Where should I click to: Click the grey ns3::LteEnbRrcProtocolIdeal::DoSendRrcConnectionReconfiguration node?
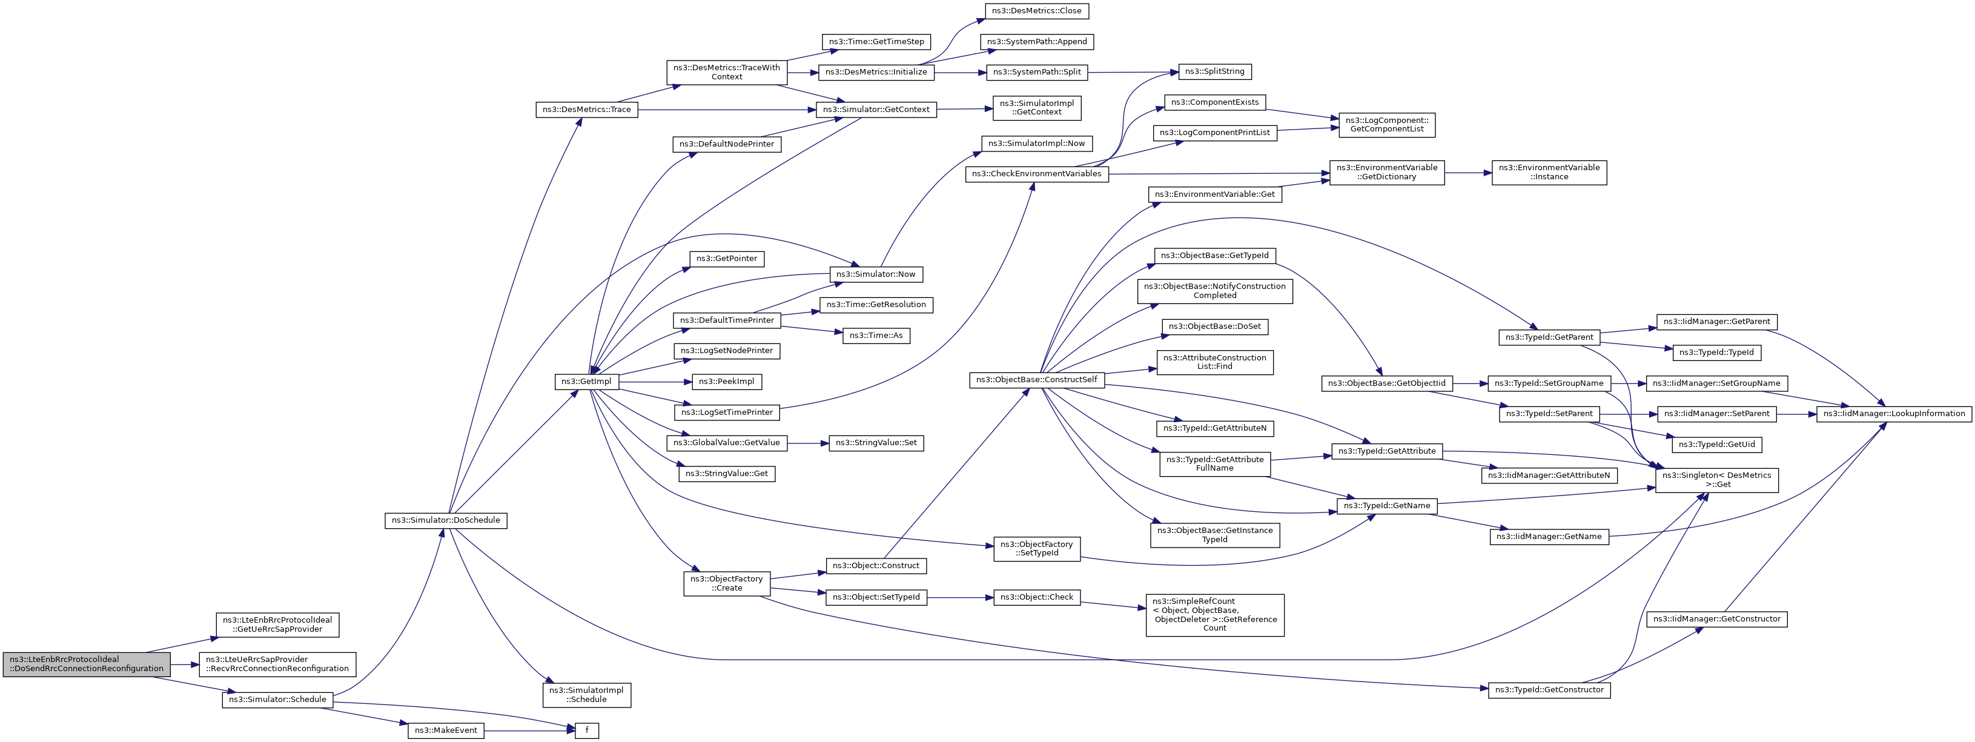pos(86,664)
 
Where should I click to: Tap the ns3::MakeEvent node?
pos(445,730)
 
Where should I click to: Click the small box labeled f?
pos(586,730)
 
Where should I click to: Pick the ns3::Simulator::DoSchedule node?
pos(445,520)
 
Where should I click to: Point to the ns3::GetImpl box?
pos(586,382)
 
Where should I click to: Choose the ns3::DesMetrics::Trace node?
pos(586,110)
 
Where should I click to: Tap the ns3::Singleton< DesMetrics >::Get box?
pos(1716,480)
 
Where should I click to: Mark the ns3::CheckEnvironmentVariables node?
pos(1037,174)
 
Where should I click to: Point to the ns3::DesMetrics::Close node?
pos(1037,12)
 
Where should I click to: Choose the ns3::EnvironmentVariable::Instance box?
pos(1549,173)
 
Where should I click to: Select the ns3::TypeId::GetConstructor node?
pos(1549,691)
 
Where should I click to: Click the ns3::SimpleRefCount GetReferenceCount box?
pos(1214,615)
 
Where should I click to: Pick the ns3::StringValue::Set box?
pos(876,443)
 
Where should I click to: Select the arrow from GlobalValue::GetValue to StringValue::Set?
pos(808,443)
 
